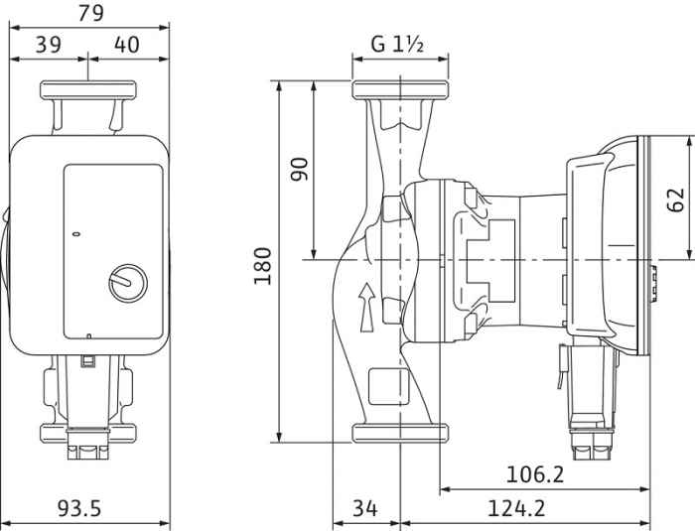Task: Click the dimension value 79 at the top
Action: click(89, 13)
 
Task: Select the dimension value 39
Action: click(50, 44)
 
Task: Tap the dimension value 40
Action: click(127, 44)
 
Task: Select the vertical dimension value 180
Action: click(262, 265)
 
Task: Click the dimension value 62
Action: click(677, 199)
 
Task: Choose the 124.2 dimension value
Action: click(516, 508)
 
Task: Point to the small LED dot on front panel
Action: click(77, 235)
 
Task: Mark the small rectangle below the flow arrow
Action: click(382, 384)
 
